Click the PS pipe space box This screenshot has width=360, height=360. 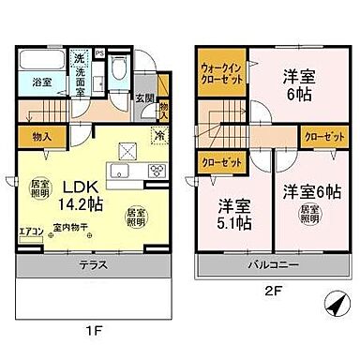125,41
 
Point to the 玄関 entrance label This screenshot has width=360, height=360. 143,97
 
